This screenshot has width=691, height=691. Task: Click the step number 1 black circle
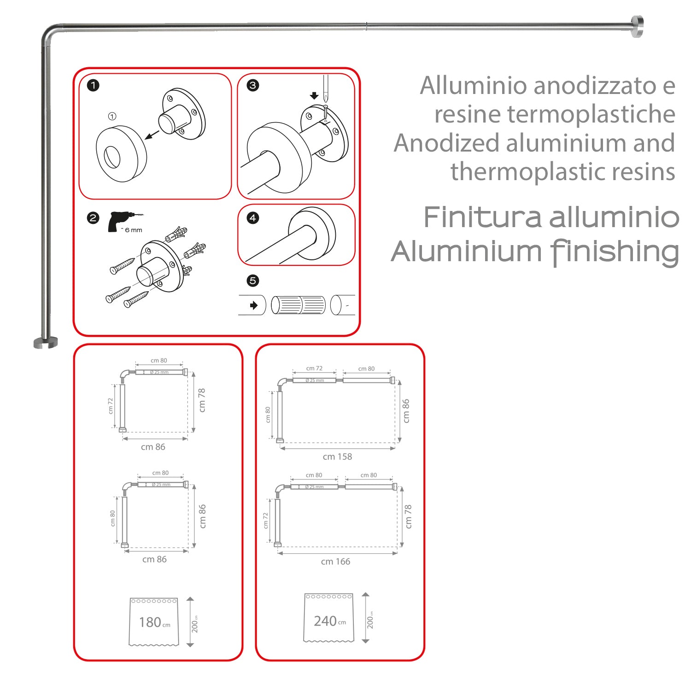click(x=93, y=85)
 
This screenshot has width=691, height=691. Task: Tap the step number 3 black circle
click(x=253, y=85)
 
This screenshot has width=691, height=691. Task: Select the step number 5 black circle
click(x=253, y=281)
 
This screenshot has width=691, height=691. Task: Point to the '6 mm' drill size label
click(x=134, y=230)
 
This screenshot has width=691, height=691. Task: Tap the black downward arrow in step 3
click(x=314, y=95)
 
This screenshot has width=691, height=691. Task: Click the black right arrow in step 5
click(x=253, y=305)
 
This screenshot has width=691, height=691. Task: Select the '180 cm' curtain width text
click(x=154, y=622)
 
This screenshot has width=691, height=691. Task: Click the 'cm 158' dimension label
click(x=337, y=457)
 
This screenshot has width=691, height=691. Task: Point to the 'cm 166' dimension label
click(x=335, y=562)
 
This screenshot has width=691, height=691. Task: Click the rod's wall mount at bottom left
click(x=46, y=342)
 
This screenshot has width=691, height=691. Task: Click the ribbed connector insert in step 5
click(x=298, y=305)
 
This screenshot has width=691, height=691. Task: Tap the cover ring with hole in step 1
click(x=121, y=153)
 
